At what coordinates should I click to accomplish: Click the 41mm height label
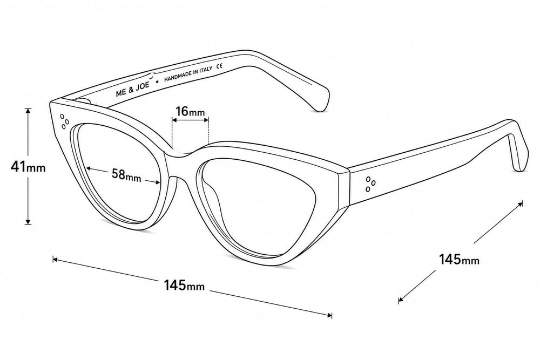tap(28, 167)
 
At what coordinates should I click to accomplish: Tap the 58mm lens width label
tap(126, 174)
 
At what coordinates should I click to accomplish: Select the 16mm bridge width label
tap(190, 112)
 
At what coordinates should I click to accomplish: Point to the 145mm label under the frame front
tap(184, 286)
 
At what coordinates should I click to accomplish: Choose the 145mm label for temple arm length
tap(459, 259)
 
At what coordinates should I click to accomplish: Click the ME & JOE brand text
tap(133, 89)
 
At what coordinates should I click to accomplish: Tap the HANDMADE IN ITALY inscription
tap(188, 74)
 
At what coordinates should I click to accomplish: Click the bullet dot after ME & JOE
tap(157, 82)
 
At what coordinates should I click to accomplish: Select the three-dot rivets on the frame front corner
tap(64, 121)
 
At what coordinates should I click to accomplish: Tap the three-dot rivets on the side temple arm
tap(370, 184)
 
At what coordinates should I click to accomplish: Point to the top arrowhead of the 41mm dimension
tap(28, 111)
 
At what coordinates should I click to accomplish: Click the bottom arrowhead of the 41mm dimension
tap(28, 222)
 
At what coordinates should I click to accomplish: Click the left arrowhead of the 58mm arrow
tap(89, 168)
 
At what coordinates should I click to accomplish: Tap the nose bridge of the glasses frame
tap(180, 155)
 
